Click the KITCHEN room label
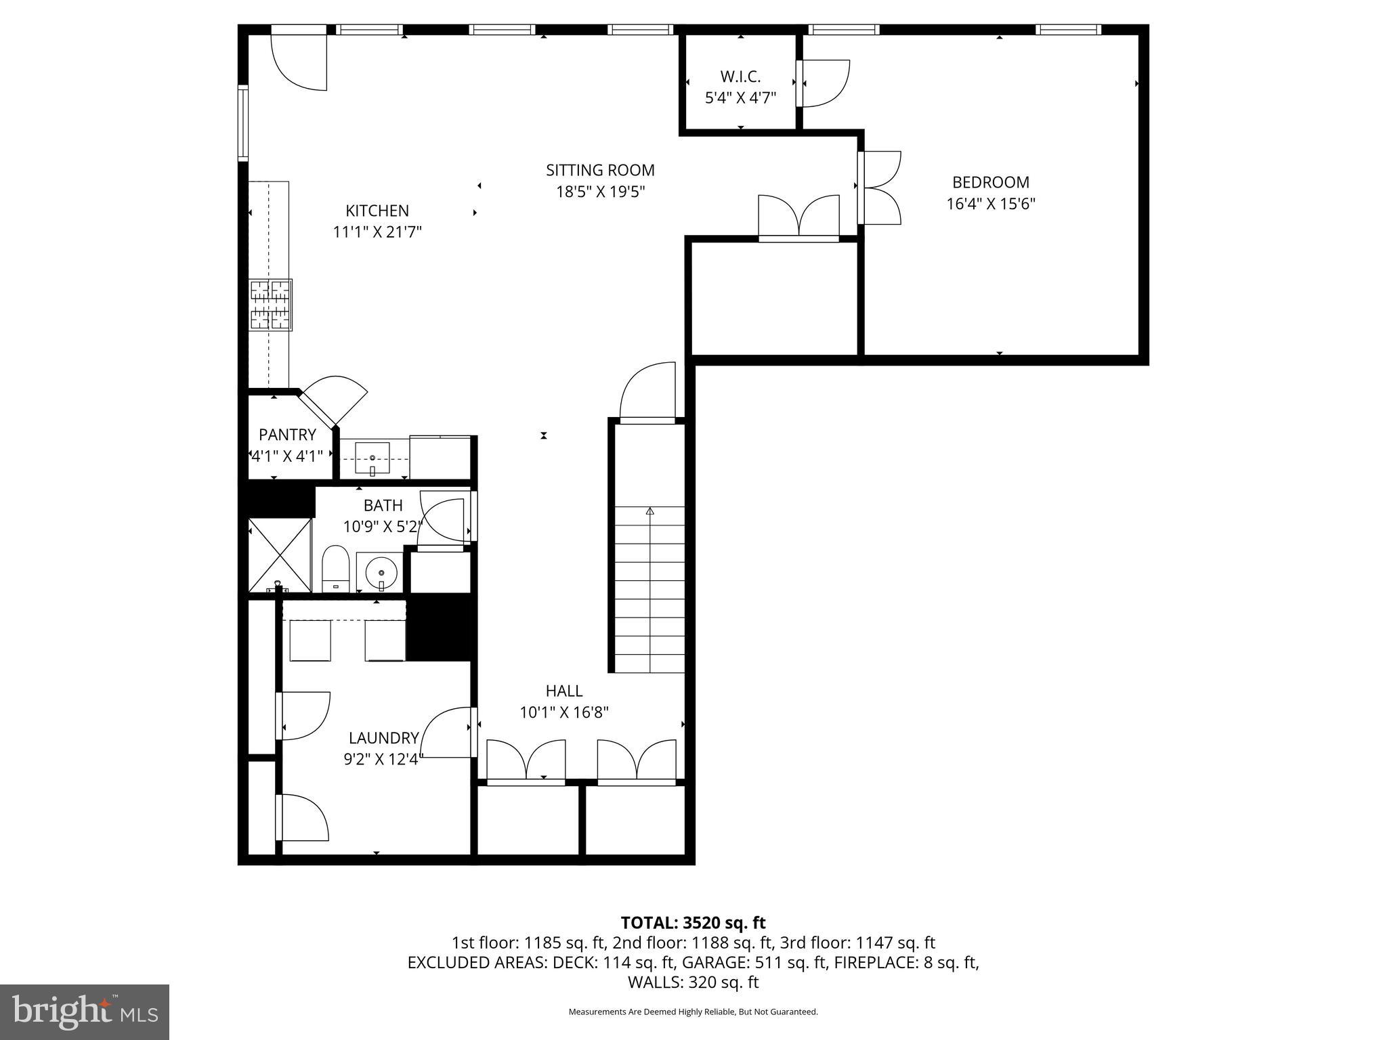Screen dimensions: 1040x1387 coord(377,211)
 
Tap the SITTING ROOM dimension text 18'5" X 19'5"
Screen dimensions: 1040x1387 coord(600,192)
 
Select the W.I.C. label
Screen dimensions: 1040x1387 coord(740,77)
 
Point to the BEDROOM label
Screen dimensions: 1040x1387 coord(990,182)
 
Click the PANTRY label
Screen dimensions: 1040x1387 coord(287,435)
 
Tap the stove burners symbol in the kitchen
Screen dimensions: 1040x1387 coord(271,305)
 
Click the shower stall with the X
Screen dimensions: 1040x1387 coord(279,553)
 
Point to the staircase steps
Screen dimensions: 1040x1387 coord(649,589)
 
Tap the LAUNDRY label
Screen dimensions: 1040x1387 coord(383,738)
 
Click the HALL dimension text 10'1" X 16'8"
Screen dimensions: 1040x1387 coord(564,712)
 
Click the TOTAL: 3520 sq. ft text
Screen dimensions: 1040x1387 coord(693,923)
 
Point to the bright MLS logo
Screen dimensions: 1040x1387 coord(84,1012)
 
